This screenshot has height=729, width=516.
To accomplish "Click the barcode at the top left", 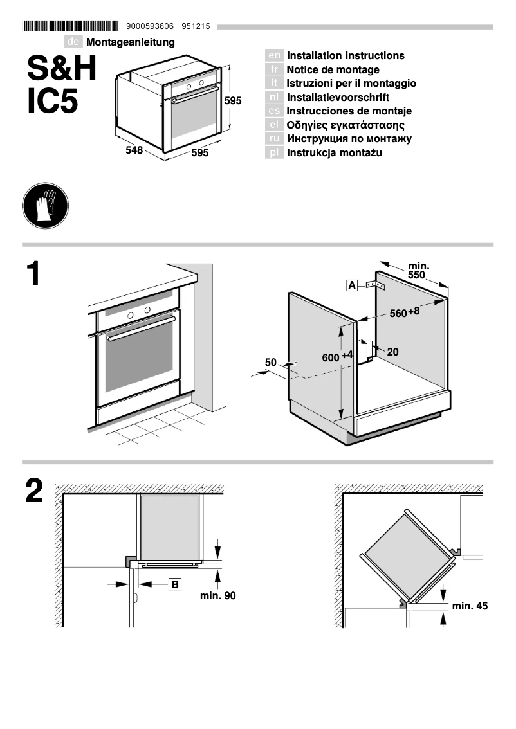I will (70, 26).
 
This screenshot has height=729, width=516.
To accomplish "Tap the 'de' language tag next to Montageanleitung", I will (74, 42).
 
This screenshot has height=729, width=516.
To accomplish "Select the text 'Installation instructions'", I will (346, 56).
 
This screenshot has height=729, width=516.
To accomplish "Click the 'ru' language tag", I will (274, 139).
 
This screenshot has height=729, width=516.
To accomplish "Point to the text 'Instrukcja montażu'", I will (335, 153).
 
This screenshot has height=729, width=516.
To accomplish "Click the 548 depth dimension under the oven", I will (134, 150).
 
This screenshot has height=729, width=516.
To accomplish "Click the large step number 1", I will (33, 274).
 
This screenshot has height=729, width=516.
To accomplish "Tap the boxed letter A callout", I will (352, 285).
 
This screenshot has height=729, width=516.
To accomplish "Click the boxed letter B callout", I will (175, 584).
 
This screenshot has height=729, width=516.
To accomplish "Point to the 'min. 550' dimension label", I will (419, 270).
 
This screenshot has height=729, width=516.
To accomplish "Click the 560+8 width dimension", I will (405, 312).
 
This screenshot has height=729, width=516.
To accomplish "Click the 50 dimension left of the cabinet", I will (271, 363).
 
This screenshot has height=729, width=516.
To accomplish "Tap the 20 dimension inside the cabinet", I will (392, 352).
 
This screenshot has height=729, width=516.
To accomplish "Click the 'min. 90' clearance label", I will (217, 596).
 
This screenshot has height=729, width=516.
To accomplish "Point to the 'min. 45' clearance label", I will (470, 606).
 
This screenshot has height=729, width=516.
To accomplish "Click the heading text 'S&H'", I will (62, 69).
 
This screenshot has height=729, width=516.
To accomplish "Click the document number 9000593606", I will (151, 27).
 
